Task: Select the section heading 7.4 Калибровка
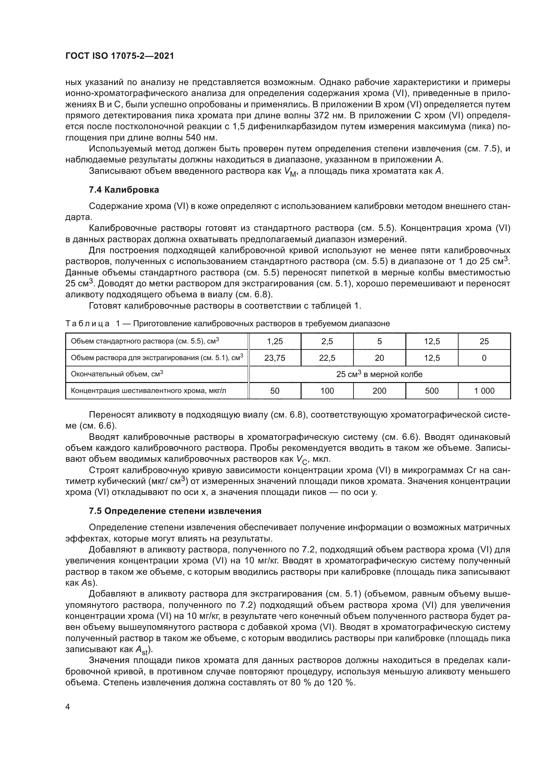point(124,190)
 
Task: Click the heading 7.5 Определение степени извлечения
point(175,511)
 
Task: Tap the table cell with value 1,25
point(275,341)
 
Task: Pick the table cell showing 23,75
point(275,358)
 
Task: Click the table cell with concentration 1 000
point(484,391)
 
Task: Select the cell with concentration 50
point(275,391)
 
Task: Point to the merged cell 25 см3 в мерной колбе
point(379,374)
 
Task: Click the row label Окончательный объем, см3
point(117,374)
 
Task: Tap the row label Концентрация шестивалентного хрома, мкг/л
point(148,391)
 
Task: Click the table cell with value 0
point(484,358)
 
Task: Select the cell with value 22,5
point(327,358)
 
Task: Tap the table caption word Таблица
point(87,324)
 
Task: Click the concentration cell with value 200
point(379,391)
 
